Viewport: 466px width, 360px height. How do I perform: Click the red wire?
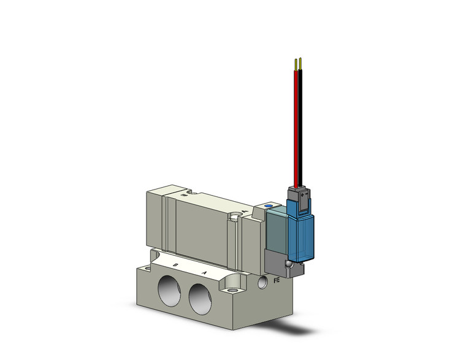tap(296, 123)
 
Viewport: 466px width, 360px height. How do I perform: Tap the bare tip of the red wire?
tap(296, 63)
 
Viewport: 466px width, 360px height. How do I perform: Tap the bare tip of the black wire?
tap(301, 63)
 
